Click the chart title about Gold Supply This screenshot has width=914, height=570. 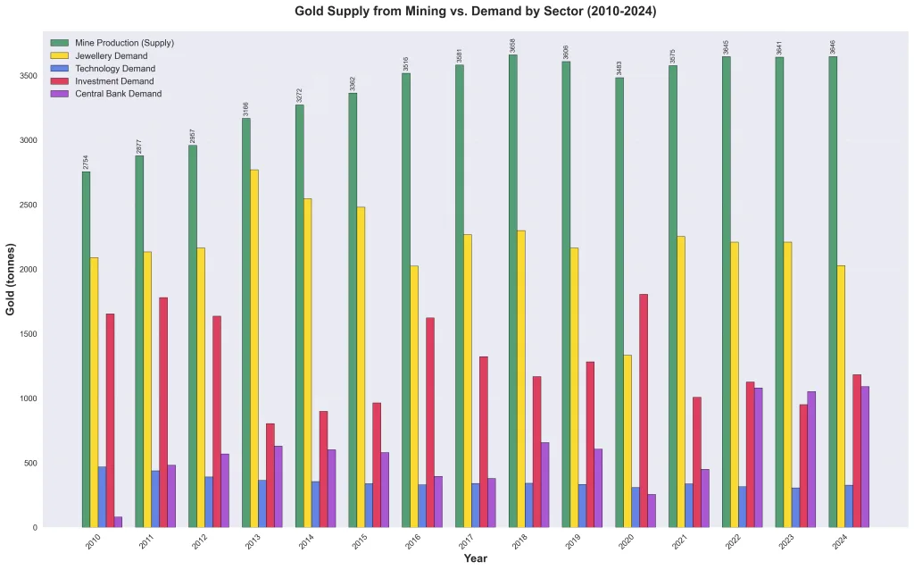tap(475, 12)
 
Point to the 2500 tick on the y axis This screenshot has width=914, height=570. tap(29, 205)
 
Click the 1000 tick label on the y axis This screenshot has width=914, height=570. tap(29, 398)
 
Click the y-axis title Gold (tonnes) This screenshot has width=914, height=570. tap(11, 279)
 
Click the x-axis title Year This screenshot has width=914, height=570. tap(475, 558)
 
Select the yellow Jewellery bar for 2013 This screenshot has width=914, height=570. tap(254, 348)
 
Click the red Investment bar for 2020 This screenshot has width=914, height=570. tap(644, 411)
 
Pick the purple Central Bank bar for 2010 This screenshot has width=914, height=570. tap(118, 522)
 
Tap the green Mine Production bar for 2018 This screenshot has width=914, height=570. tap(513, 291)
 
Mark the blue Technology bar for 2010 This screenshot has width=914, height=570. tap(102, 497)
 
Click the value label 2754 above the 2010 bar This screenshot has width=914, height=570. tap(87, 162)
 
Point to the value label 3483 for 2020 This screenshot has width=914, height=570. tap(619, 68)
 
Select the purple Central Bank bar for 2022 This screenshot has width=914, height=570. tap(758, 457)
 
